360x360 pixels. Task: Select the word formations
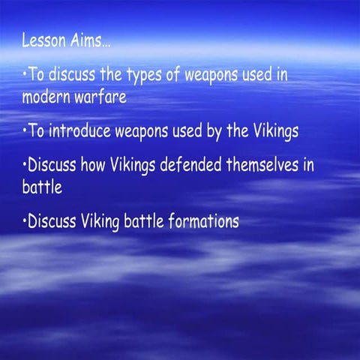click(198, 223)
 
